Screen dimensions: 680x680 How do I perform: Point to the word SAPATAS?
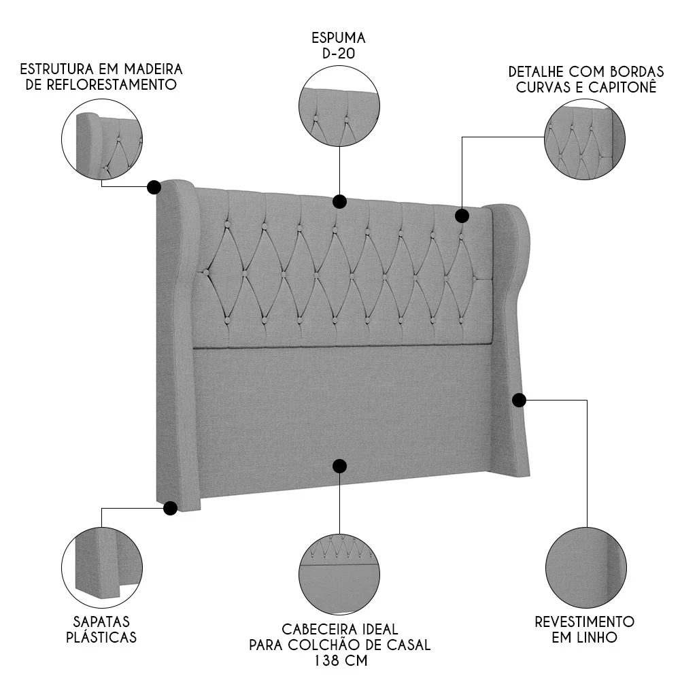click(101, 622)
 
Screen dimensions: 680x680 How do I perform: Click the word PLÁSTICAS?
click(101, 638)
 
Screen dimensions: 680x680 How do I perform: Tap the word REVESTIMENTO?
click(584, 622)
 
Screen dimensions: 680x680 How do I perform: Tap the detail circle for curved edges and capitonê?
click(585, 141)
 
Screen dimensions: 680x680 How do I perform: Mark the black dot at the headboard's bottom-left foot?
click(171, 507)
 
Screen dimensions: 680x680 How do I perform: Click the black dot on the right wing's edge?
click(519, 400)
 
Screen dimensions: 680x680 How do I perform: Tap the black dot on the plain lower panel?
click(339, 466)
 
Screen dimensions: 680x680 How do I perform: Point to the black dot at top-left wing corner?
click(154, 186)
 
